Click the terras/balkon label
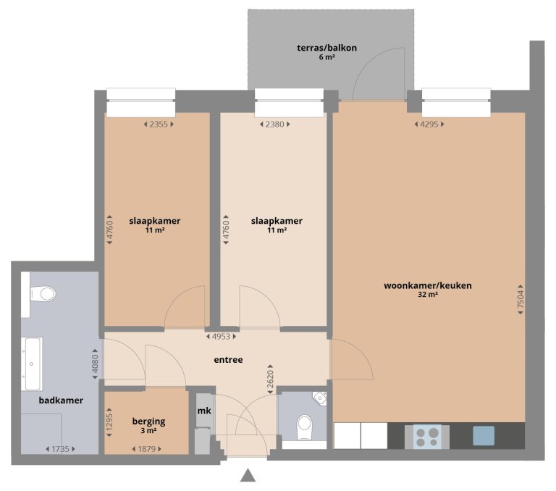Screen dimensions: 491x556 327,48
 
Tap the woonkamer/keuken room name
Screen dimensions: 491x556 427,285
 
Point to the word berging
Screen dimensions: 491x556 149,421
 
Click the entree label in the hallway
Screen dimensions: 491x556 228,359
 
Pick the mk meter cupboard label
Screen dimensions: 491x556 203,411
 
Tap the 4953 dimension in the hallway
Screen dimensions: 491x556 220,336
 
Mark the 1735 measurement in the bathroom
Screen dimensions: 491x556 60,449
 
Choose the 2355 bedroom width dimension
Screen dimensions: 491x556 158,125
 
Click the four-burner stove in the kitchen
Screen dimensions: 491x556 427,436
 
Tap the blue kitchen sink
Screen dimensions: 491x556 484,435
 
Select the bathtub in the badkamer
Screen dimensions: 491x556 31,364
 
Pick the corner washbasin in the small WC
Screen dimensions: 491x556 320,397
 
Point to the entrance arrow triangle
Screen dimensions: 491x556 248,475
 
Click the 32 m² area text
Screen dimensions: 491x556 427,295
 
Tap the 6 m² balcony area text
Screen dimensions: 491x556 327,57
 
